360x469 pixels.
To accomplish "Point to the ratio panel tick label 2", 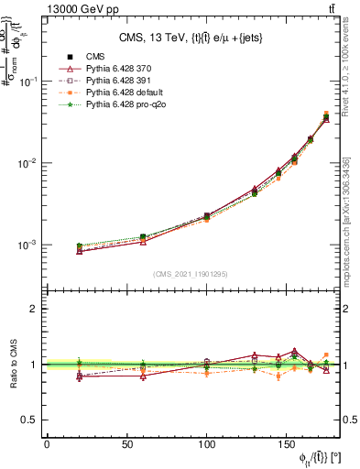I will pyautogui.click(x=33, y=310).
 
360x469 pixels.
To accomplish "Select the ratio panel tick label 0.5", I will pyautogui.click(x=29, y=420).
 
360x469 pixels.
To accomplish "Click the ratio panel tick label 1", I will pyautogui.click(x=33, y=365).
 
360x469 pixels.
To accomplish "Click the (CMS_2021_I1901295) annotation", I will pyautogui.click(x=191, y=274).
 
